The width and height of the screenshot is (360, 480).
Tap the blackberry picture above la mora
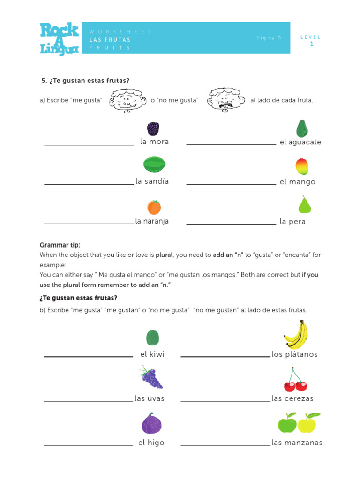pyautogui.click(x=153, y=128)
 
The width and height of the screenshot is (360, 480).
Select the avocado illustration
pyautogui.click(x=301, y=129)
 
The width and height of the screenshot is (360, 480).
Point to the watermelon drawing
pyautogui.click(x=154, y=165)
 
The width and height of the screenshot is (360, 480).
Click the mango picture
pyautogui.click(x=301, y=166)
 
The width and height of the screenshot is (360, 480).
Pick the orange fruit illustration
pyautogui.click(x=154, y=207)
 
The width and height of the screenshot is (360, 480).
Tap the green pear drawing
pyautogui.click(x=305, y=205)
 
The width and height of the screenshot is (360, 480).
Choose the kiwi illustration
pyautogui.click(x=153, y=337)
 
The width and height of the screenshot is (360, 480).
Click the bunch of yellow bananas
pyautogui.click(x=296, y=335)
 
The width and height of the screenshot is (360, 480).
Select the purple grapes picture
pyautogui.click(x=151, y=378)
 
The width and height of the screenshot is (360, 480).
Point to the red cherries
pyautogui.click(x=295, y=381)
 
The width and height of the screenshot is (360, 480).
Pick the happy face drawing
pyautogui.click(x=126, y=100)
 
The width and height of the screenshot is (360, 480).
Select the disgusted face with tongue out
pyautogui.click(x=226, y=100)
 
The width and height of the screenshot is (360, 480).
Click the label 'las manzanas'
pyautogui.click(x=297, y=442)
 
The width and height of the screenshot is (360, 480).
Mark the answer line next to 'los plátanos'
pyautogui.click(x=225, y=356)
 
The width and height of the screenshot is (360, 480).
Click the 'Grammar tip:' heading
pyautogui.click(x=60, y=245)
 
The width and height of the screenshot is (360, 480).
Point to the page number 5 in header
pyautogui.click(x=279, y=37)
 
